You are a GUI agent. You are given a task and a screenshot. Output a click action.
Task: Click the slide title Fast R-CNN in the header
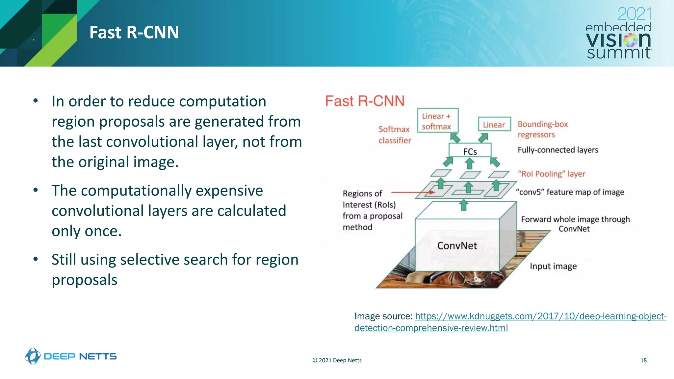point(134,33)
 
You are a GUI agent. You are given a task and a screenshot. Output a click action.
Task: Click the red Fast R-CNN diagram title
point(365,101)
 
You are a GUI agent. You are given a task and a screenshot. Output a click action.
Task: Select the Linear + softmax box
point(437,121)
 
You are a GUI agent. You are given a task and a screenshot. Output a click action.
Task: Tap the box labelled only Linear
point(494,124)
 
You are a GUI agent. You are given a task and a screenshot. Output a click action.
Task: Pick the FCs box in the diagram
point(470,151)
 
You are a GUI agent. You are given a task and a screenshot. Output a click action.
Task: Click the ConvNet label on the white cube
point(457,245)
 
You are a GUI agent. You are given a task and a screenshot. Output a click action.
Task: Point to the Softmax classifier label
point(394,135)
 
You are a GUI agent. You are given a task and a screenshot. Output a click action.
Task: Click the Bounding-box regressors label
point(542,129)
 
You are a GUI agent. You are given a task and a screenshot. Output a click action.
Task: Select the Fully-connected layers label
point(557,150)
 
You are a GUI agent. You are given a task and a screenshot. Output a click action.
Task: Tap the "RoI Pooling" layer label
point(551,174)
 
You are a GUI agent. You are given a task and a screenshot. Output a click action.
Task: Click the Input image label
point(553,266)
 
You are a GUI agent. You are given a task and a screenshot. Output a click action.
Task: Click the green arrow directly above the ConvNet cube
point(464,205)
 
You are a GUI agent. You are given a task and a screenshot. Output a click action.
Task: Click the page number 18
point(643,360)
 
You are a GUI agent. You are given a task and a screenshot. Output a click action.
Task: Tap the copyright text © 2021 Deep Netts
point(337,360)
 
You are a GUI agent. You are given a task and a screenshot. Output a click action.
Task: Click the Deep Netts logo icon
point(33,356)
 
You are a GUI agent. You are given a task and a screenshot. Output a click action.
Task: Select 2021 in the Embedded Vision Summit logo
point(634,14)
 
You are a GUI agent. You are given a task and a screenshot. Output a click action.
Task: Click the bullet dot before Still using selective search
point(36,259)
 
